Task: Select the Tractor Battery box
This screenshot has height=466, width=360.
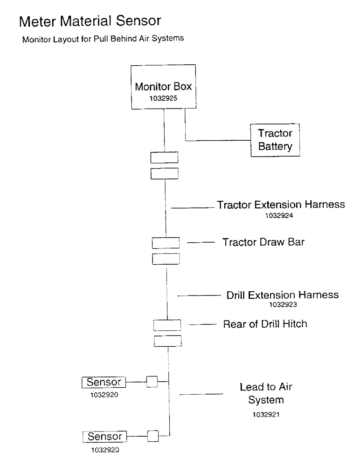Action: pos(275,140)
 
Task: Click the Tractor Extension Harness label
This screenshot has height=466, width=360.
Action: pos(281,205)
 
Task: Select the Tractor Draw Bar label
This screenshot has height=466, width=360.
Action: pos(263,242)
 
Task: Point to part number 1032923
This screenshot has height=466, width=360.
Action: pos(282,305)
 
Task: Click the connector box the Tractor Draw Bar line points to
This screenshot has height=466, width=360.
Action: pos(166,243)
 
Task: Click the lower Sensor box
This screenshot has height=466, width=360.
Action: pos(104,437)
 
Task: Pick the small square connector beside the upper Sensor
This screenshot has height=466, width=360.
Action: pos(152,382)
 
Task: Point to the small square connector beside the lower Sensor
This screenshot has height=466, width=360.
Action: pos(152,437)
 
